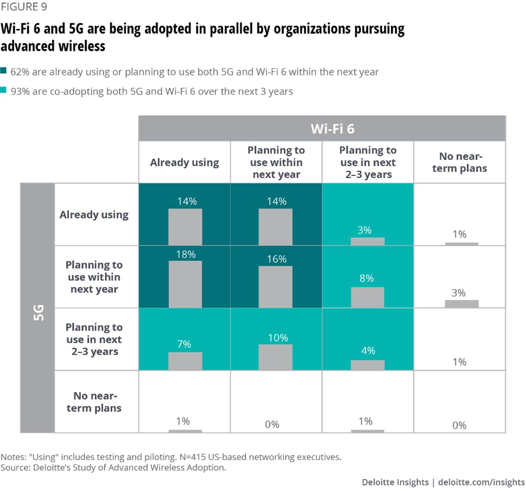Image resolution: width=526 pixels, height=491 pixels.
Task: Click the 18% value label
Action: (186, 254)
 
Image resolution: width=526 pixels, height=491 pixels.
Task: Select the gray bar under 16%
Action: (275, 287)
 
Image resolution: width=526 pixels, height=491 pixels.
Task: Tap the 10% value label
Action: (278, 338)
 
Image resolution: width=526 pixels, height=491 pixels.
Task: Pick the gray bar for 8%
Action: (367, 297)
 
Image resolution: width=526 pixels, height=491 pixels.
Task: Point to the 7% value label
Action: (184, 344)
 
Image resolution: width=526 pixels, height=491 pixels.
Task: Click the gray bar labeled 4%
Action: (367, 365)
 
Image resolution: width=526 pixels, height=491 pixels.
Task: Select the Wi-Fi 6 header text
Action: (332, 129)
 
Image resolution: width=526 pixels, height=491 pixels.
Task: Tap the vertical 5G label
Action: (38, 312)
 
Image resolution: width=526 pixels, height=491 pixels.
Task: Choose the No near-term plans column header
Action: (459, 162)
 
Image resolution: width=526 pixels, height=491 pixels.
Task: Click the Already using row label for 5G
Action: (94, 215)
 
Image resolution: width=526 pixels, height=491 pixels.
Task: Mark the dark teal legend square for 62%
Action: (4, 71)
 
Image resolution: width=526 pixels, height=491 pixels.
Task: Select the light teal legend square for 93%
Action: (4, 90)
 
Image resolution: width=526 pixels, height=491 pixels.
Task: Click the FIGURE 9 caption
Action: (24, 7)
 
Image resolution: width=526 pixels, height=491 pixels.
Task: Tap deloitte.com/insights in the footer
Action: (481, 482)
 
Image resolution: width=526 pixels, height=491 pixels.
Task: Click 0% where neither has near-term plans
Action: (459, 425)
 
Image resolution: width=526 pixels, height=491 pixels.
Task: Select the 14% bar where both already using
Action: (185, 227)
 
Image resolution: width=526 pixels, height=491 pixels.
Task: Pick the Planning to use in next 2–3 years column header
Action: (368, 162)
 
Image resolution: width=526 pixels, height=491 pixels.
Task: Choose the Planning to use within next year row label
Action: (94, 277)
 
